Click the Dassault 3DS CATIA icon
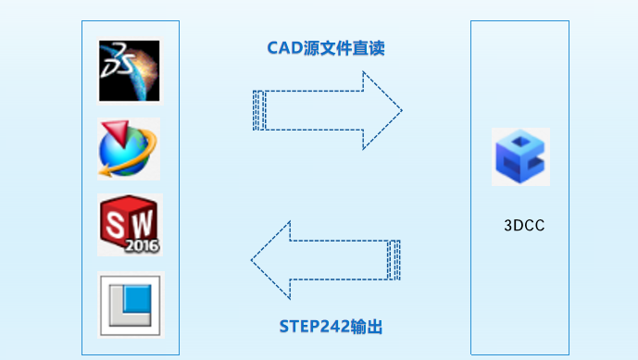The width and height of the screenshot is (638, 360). pyautogui.click(x=130, y=71)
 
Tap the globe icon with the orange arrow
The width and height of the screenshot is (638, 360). pyautogui.click(x=129, y=149)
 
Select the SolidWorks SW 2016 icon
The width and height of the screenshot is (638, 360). pyautogui.click(x=130, y=225)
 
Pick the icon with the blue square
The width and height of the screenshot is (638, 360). pyautogui.click(x=131, y=305)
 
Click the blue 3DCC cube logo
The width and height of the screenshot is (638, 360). pyautogui.click(x=520, y=156)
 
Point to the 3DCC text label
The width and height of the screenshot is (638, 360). pyautogui.click(x=524, y=226)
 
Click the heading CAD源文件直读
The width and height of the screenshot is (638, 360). pyautogui.click(x=326, y=48)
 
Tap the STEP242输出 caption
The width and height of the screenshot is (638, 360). pyautogui.click(x=331, y=327)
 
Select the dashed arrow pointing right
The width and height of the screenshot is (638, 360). pyautogui.click(x=328, y=110)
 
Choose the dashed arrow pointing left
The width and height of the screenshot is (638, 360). pyautogui.click(x=326, y=260)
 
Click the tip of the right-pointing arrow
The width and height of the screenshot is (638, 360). pyautogui.click(x=403, y=110)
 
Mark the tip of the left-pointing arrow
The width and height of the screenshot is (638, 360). pyautogui.click(x=251, y=260)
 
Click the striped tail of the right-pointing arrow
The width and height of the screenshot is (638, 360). pyautogui.click(x=259, y=110)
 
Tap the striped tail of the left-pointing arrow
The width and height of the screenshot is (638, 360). pyautogui.click(x=394, y=260)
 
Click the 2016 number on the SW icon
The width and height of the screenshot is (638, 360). pyautogui.click(x=142, y=245)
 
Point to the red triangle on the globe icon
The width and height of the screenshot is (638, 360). pyautogui.click(x=116, y=132)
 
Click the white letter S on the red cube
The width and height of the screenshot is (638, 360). pyautogui.click(x=114, y=225)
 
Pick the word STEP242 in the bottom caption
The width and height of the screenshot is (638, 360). pyautogui.click(x=314, y=327)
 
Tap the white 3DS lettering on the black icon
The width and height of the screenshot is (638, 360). pyautogui.click(x=118, y=60)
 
